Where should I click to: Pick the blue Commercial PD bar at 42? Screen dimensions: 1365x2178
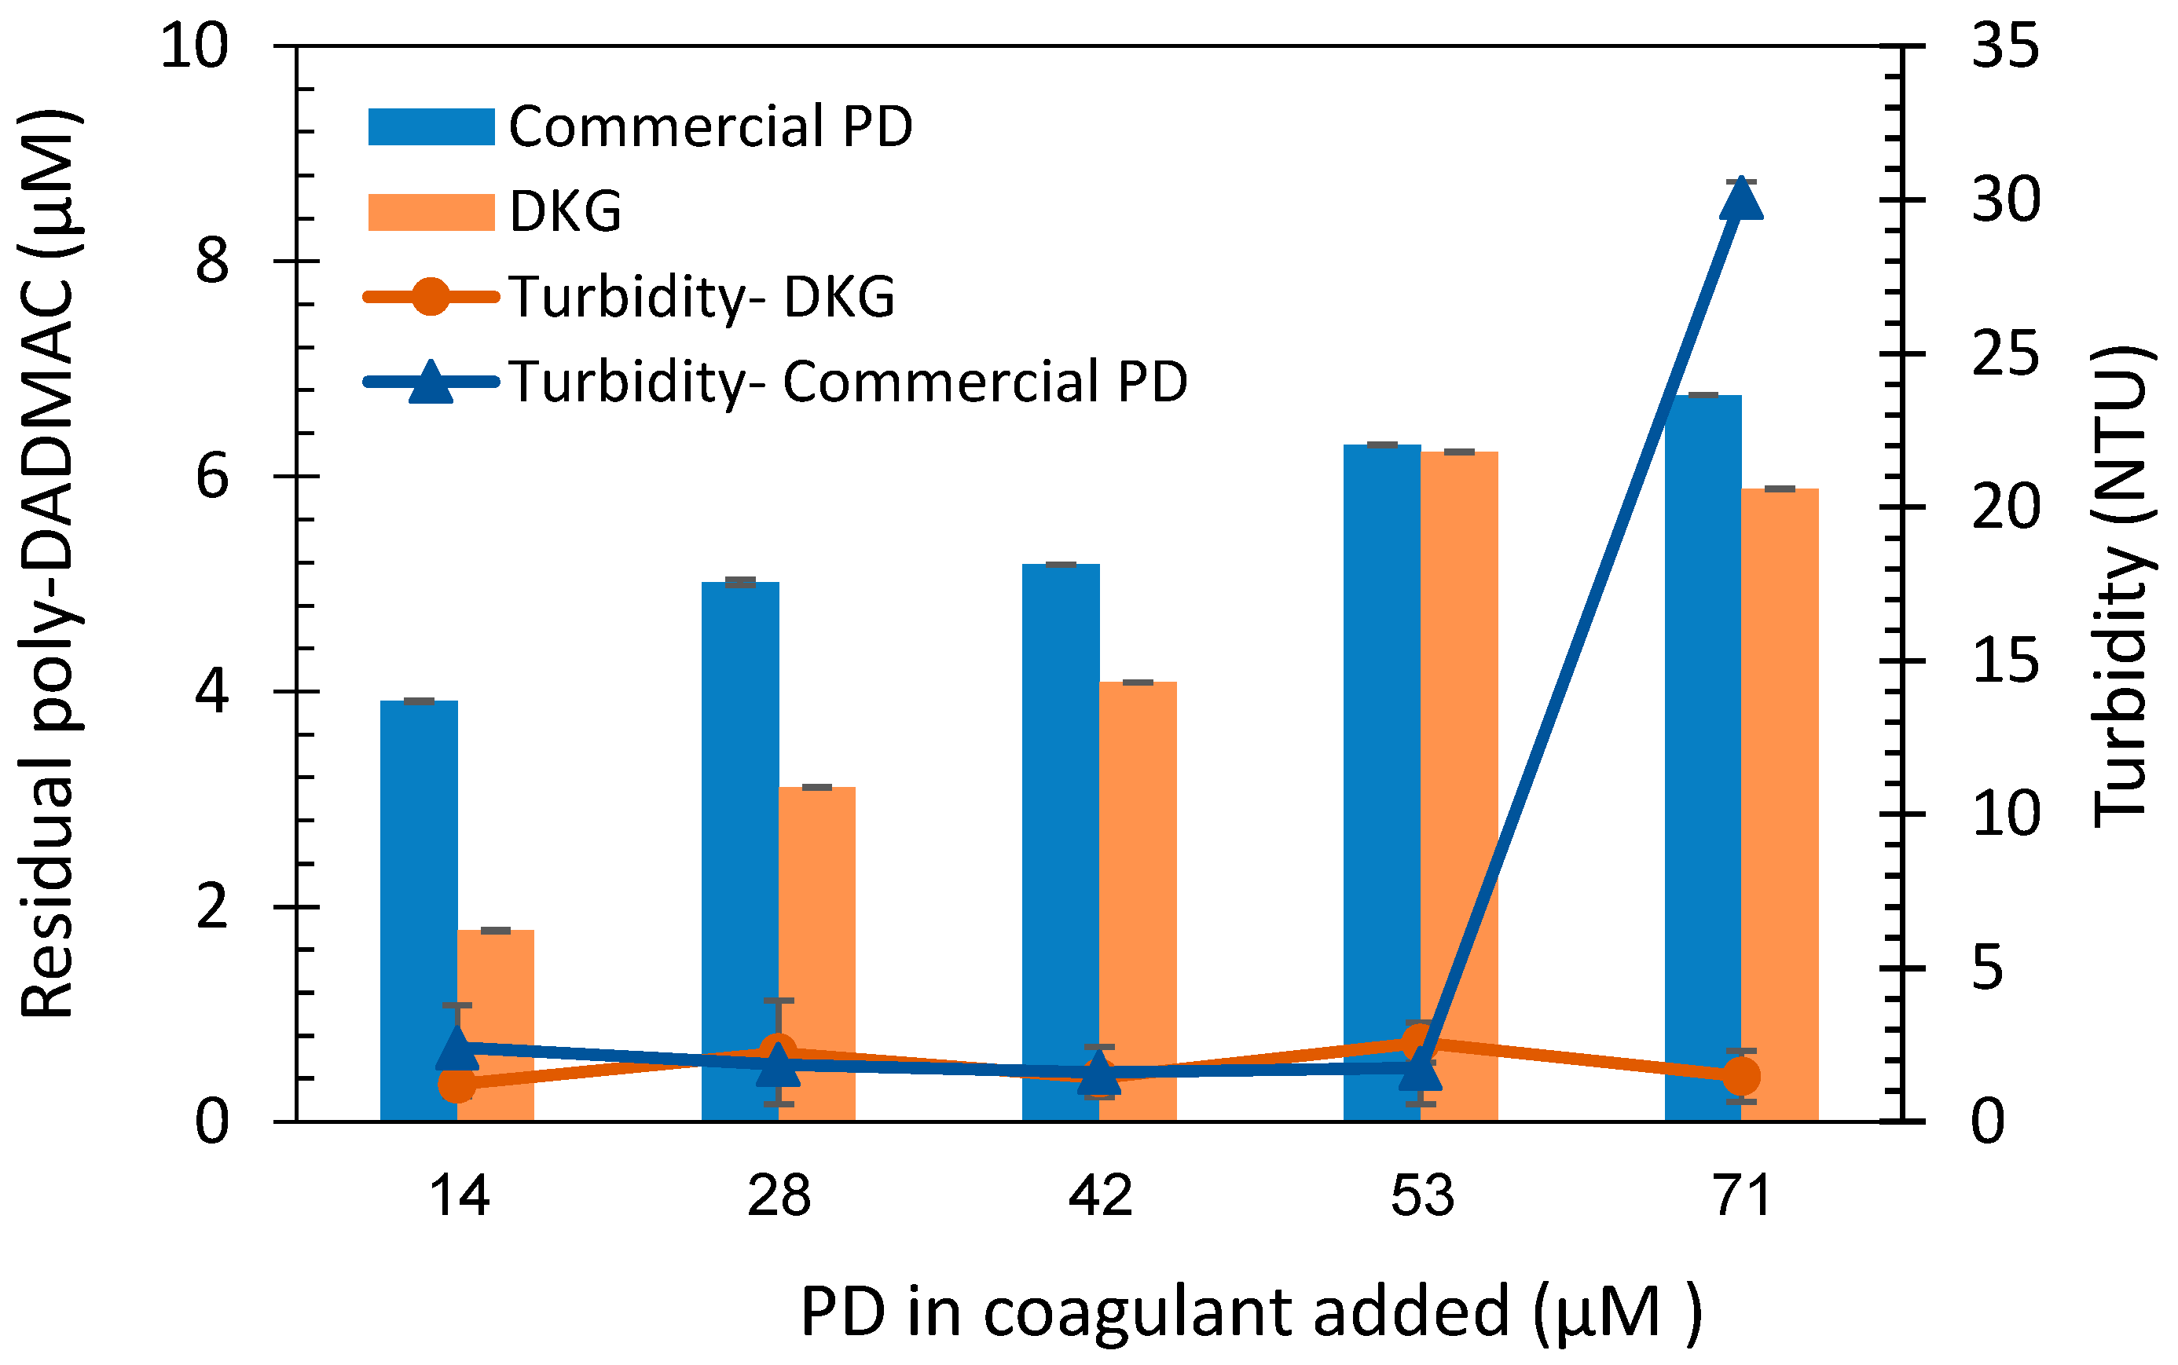click(1060, 813)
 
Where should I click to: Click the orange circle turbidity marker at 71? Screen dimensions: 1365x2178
click(1741, 1076)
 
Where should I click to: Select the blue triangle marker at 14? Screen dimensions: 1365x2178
click(457, 1047)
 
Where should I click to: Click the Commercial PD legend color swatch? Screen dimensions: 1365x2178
click(431, 126)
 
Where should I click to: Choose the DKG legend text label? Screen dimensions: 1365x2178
click(565, 212)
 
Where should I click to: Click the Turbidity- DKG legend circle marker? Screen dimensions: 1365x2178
click(431, 297)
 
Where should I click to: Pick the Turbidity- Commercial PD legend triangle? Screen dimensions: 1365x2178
click(431, 382)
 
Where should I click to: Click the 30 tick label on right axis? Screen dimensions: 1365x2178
click(2004, 200)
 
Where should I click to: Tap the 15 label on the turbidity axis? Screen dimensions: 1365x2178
click(2004, 661)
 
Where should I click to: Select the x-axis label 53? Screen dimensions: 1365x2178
click(1421, 1197)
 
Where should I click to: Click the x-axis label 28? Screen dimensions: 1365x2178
click(779, 1197)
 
